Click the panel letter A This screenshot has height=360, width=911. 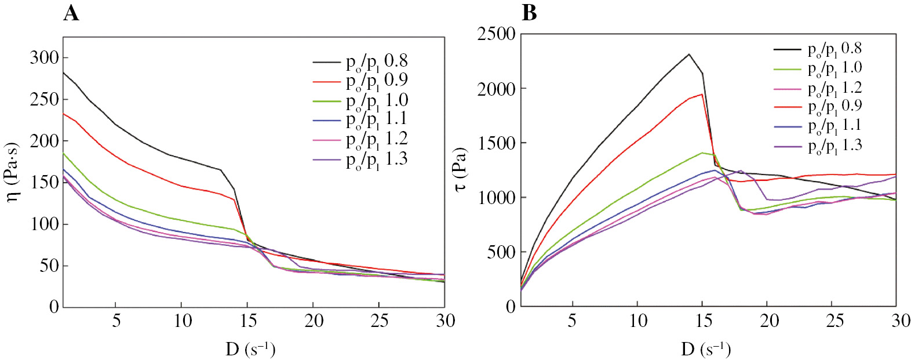click(x=71, y=13)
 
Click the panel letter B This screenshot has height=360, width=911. click(x=529, y=13)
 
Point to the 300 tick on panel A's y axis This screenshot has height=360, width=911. click(x=45, y=57)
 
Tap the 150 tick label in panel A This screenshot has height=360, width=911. click(x=45, y=182)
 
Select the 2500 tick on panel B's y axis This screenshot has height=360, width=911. click(x=497, y=34)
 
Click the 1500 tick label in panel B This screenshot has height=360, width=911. click(x=497, y=143)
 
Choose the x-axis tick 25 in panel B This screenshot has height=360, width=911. click(x=835, y=321)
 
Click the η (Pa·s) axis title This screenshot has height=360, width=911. click(x=12, y=172)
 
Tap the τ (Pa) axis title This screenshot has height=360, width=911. click(x=461, y=169)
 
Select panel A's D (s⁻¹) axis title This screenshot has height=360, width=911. click(x=250, y=349)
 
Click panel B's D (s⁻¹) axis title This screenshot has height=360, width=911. click(x=706, y=349)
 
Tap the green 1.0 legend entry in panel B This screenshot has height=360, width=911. click(x=835, y=68)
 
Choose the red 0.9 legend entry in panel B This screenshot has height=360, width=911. click(x=835, y=107)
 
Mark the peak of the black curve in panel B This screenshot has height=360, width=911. click(x=689, y=54)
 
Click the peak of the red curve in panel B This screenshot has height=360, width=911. click(x=702, y=94)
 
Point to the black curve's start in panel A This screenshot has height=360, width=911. click(x=63, y=72)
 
